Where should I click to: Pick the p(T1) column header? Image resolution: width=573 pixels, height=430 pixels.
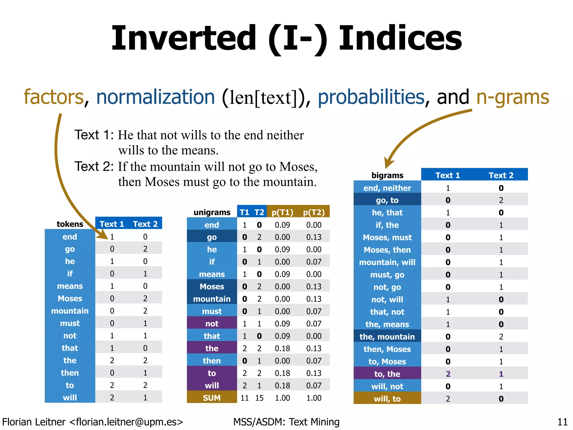tap(282, 212)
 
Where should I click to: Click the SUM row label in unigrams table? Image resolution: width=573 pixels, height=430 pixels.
tap(212, 398)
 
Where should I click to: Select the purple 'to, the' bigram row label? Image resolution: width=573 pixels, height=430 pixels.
tap(387, 374)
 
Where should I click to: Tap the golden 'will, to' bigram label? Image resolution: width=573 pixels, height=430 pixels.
tap(387, 399)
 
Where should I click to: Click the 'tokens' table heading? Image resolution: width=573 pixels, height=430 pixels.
tap(70, 224)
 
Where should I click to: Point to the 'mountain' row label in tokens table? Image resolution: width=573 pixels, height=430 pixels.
tap(70, 311)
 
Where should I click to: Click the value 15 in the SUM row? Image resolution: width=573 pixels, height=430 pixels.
tap(259, 398)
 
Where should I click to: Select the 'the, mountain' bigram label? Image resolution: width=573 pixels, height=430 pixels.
tap(387, 336)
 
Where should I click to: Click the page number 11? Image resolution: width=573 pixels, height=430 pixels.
tap(562, 422)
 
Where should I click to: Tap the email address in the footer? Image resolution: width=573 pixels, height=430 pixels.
tap(126, 422)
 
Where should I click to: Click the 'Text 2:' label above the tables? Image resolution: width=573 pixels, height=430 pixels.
tap(94, 167)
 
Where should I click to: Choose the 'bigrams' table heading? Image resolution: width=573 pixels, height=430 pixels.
tap(387, 175)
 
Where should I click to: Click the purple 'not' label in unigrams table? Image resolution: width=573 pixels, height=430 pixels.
tap(212, 324)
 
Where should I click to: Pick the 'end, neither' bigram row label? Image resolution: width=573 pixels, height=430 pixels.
tap(387, 188)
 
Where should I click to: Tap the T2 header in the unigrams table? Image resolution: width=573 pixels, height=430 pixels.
tap(259, 212)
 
